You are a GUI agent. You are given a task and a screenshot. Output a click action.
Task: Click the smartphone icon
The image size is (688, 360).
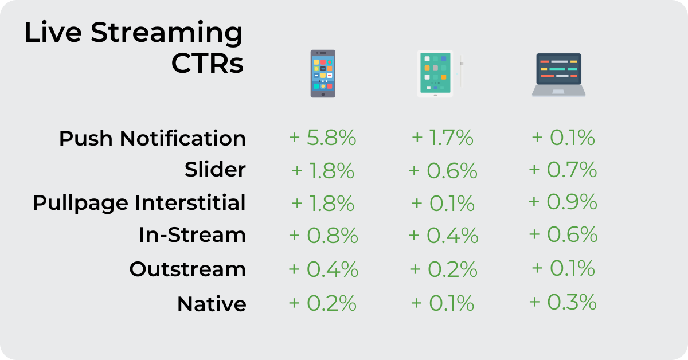click(323, 74)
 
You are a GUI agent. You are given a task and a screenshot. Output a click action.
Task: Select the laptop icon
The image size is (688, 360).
click(558, 75)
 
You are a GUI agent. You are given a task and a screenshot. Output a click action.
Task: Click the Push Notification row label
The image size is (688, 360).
click(153, 139)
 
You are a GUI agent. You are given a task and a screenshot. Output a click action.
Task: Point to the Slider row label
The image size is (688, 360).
click(215, 169)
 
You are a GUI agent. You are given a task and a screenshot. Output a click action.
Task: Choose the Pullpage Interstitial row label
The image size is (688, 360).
click(139, 203)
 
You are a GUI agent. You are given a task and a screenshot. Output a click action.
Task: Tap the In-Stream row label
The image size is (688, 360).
click(192, 235)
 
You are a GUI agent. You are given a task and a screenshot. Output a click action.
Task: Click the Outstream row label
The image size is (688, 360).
click(187, 269)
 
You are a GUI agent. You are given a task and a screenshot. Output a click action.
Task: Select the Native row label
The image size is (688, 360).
click(212, 304)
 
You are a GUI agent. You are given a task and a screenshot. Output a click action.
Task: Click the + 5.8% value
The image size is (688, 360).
click(322, 138)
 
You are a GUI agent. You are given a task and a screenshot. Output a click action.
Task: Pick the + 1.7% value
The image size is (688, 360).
click(442, 138)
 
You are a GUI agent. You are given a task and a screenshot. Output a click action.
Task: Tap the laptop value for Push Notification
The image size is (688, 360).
click(563, 138)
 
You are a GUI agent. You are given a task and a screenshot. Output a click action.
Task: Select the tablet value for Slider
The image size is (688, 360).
click(443, 171)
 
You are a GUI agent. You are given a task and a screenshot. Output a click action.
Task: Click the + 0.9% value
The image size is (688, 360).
click(562, 202)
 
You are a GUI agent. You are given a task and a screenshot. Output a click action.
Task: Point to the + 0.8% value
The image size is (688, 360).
click(323, 236)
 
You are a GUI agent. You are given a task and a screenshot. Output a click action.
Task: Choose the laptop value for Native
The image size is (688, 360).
click(562, 302)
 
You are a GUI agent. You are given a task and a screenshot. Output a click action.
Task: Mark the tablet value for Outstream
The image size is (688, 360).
click(444, 269)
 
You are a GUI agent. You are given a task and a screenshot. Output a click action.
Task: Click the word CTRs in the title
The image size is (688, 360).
click(208, 63)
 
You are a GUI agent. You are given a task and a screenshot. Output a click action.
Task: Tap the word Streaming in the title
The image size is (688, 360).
click(167, 33)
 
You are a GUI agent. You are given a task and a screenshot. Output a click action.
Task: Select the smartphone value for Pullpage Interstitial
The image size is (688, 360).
click(323, 204)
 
